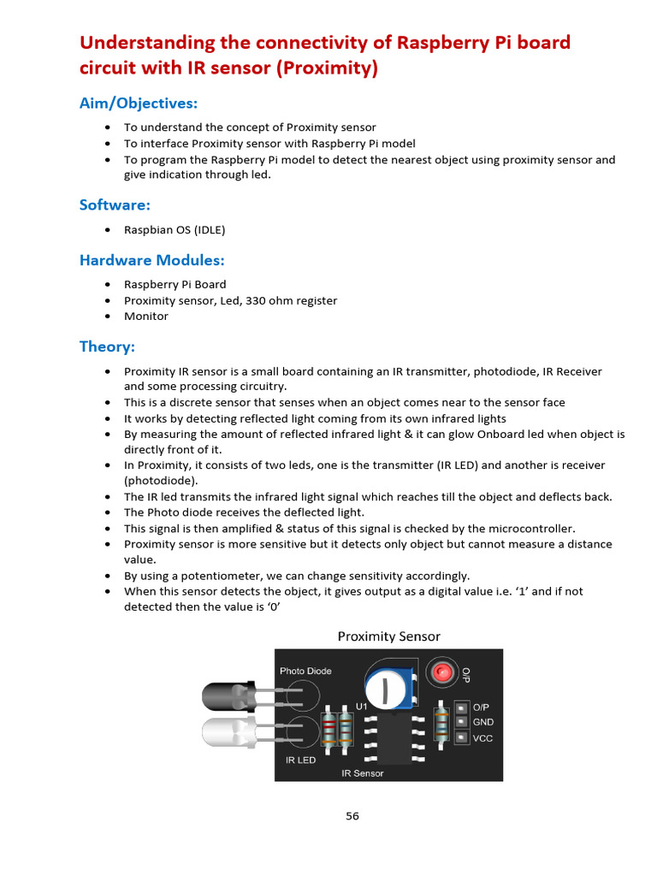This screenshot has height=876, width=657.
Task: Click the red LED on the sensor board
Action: coord(441,672)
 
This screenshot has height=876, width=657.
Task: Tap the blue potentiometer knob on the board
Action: coord(386,688)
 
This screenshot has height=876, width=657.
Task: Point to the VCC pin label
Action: coord(482,738)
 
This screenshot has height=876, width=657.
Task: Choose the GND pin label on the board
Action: coord(482,722)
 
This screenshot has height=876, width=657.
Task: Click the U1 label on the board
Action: coord(361,707)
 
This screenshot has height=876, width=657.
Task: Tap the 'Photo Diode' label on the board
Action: coord(305,671)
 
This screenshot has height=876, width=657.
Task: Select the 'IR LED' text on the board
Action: coord(300,759)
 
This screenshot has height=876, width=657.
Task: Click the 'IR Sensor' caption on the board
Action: coord(362,773)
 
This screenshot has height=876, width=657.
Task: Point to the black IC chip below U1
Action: coord(393,738)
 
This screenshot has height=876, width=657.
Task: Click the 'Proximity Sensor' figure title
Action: coord(388,636)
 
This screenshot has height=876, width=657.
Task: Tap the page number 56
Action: coord(352,816)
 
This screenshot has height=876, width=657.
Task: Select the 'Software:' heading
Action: coord(115,204)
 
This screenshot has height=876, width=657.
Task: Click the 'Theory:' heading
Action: coord(107,346)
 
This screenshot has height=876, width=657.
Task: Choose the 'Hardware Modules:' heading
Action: coord(151,260)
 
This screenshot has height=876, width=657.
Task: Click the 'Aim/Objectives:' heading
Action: coord(138,103)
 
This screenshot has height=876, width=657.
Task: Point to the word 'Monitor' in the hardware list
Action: coord(146,316)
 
